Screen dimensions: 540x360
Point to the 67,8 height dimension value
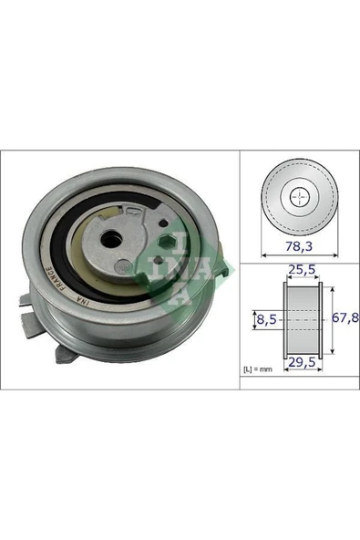342,319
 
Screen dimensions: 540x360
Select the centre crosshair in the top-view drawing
297,197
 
